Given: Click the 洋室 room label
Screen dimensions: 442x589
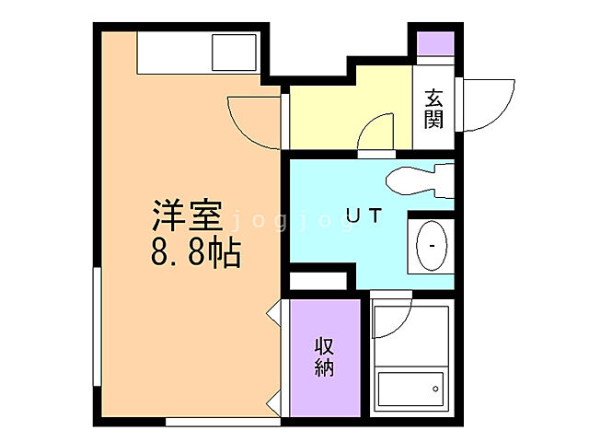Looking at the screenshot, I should click(x=187, y=218).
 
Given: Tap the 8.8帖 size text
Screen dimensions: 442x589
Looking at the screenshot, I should click(x=195, y=251).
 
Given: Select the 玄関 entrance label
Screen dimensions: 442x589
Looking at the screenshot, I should click(x=433, y=108).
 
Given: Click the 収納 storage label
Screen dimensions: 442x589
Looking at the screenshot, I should click(x=325, y=357).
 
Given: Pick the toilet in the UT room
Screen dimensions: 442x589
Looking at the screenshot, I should click(x=419, y=179).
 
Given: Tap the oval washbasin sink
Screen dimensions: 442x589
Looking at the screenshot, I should click(x=430, y=246).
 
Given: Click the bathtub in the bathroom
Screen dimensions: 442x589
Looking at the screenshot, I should click(x=410, y=392).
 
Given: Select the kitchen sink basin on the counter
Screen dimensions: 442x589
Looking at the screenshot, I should click(x=233, y=52).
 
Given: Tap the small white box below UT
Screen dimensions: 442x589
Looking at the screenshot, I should click(x=318, y=279).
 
